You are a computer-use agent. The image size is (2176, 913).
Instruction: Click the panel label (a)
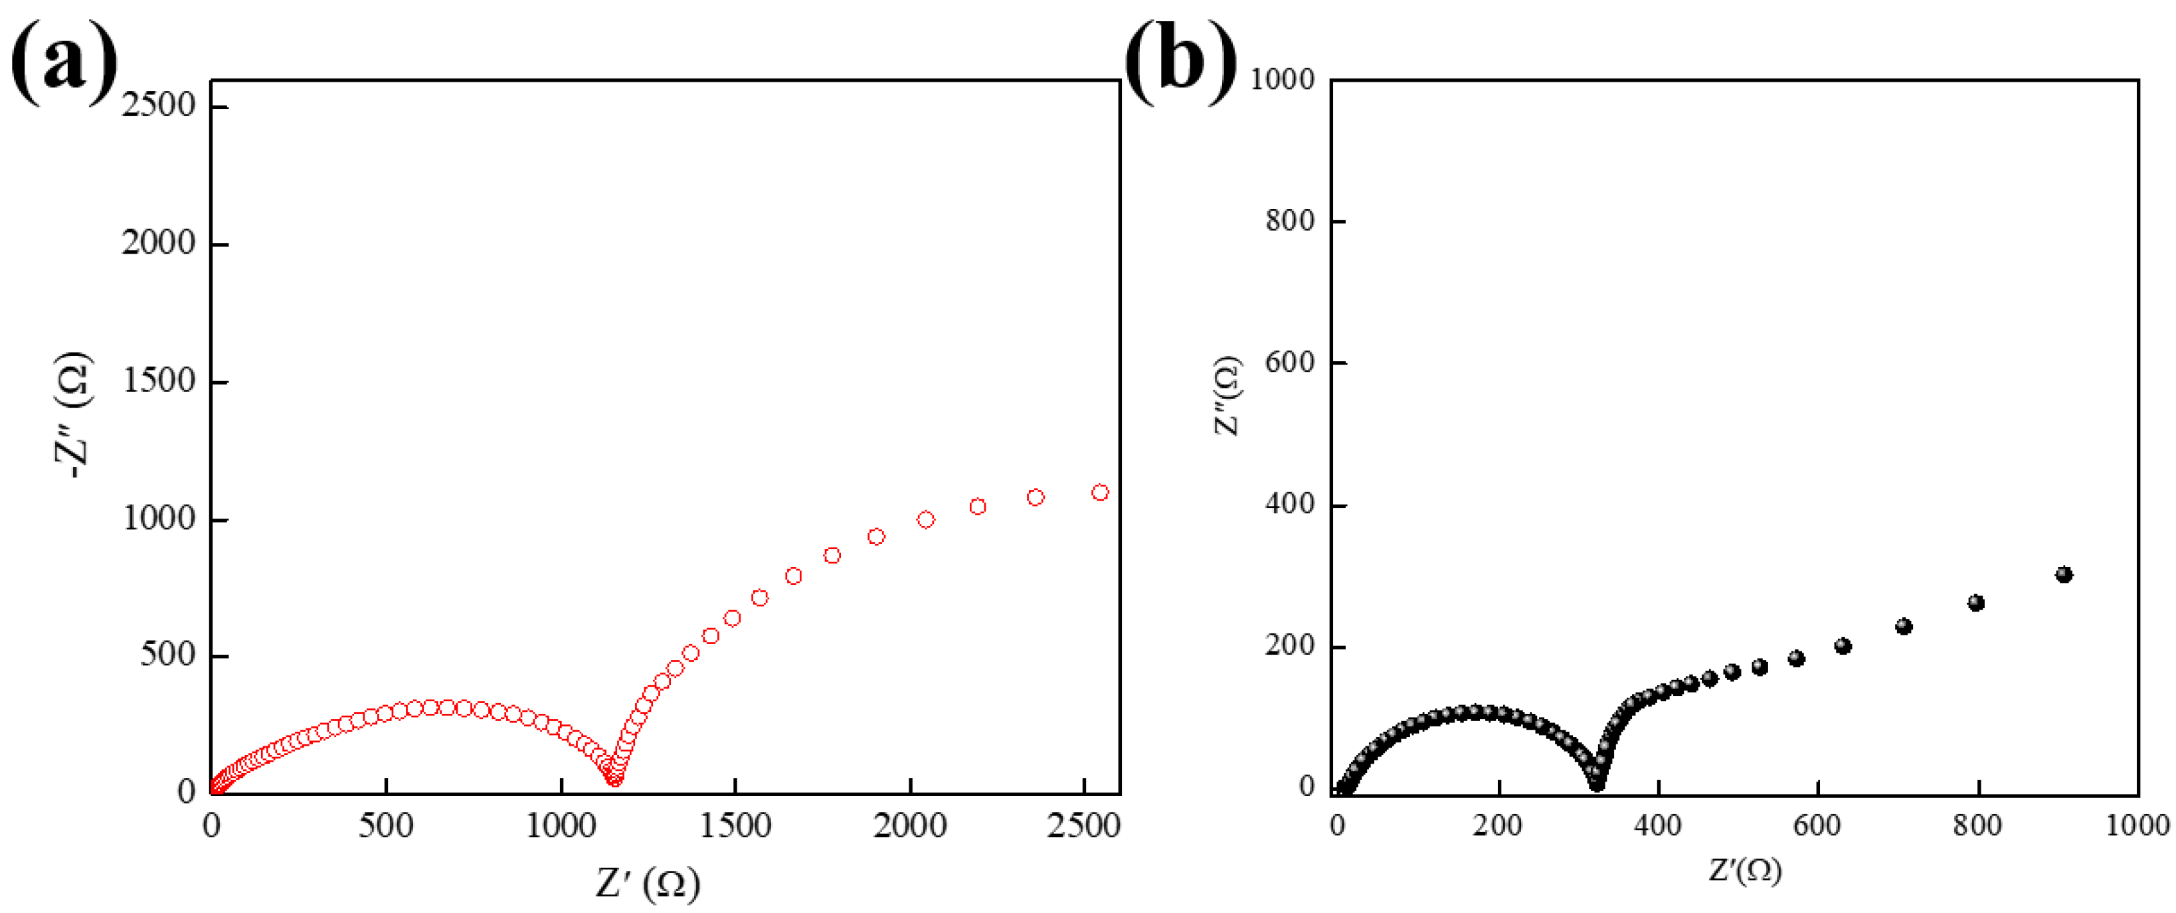[x=63, y=61]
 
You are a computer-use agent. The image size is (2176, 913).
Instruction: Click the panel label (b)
[x=1180, y=61]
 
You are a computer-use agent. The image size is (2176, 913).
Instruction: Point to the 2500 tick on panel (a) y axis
[x=159, y=106]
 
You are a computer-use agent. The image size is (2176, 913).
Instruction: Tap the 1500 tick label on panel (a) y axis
[x=159, y=381]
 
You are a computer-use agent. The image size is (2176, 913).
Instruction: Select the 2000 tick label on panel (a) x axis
[x=910, y=825]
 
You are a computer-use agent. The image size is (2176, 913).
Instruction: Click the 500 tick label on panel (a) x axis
[x=386, y=825]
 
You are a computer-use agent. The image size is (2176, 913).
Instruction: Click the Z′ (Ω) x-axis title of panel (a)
[x=648, y=883]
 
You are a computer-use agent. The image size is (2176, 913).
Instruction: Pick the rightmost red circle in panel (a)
[x=1100, y=493]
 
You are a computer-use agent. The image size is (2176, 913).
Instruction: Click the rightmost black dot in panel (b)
[x=2064, y=575]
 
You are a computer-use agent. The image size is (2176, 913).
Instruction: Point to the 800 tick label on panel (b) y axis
[x=1290, y=221]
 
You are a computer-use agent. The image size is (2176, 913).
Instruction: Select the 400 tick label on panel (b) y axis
[x=1290, y=504]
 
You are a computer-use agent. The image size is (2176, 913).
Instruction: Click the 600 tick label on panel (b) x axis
[x=1817, y=825]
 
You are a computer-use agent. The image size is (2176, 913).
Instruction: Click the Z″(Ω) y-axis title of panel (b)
[x=1227, y=395]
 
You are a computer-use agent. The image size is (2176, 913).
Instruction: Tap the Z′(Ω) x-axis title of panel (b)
[x=1745, y=870]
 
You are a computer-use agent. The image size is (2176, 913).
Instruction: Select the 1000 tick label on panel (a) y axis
[x=159, y=518]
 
